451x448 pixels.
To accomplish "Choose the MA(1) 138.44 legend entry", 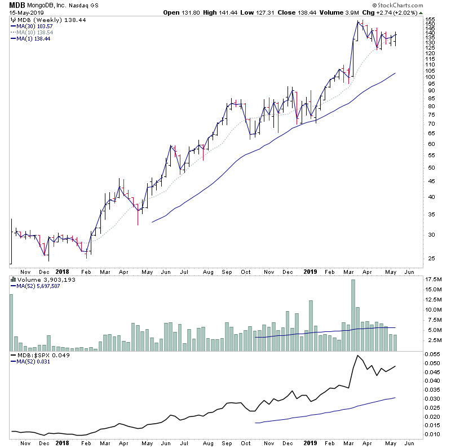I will pyautogui.click(x=33, y=38).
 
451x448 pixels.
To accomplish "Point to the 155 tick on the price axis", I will pyautogui.click(x=431, y=20).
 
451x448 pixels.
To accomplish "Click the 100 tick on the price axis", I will pyautogui.click(x=431, y=77).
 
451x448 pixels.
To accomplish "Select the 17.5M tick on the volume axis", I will pyautogui.click(x=434, y=280).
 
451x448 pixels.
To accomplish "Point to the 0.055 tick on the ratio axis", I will pyautogui.click(x=433, y=354).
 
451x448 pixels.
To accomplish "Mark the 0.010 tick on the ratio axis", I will pyautogui.click(x=433, y=434).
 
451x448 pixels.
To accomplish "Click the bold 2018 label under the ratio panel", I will pyautogui.click(x=62, y=443).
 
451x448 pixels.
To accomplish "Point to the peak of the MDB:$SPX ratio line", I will pyautogui.click(x=357, y=356).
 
